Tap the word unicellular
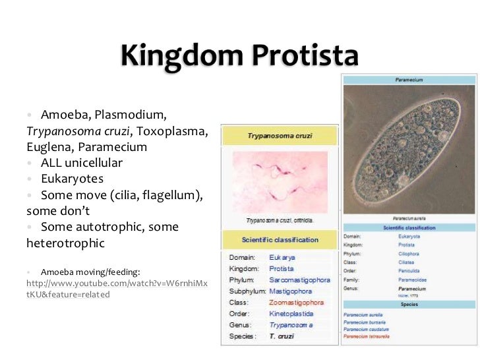pyautogui.click(x=93, y=162)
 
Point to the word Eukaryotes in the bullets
pyautogui.click(x=72, y=179)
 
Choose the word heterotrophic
pyautogui.click(x=65, y=243)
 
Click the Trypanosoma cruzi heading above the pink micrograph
pyautogui.click(x=280, y=136)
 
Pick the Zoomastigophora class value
pyautogui.click(x=296, y=302)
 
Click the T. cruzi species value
pyautogui.click(x=281, y=336)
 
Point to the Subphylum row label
pyautogui.click(x=247, y=291)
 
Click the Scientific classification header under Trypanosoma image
pyautogui.click(x=280, y=239)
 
